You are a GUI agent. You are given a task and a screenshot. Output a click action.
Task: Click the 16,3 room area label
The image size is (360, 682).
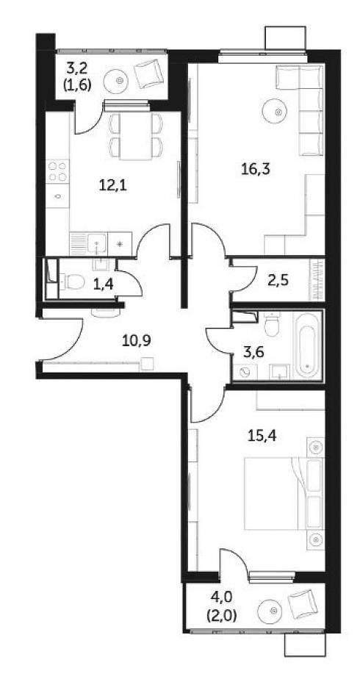(x=256, y=169)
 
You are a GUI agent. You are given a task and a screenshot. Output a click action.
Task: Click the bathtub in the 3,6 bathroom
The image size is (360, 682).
(x=308, y=344)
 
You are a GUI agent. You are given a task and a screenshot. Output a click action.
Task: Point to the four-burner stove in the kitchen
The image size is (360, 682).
(x=58, y=171)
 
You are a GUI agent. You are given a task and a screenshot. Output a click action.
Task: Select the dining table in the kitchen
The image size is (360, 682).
(x=135, y=136)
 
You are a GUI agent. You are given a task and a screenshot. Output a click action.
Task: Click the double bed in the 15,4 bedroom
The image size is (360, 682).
(x=284, y=493)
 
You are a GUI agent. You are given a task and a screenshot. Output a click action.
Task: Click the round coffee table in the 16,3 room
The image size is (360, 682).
(x=278, y=112)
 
